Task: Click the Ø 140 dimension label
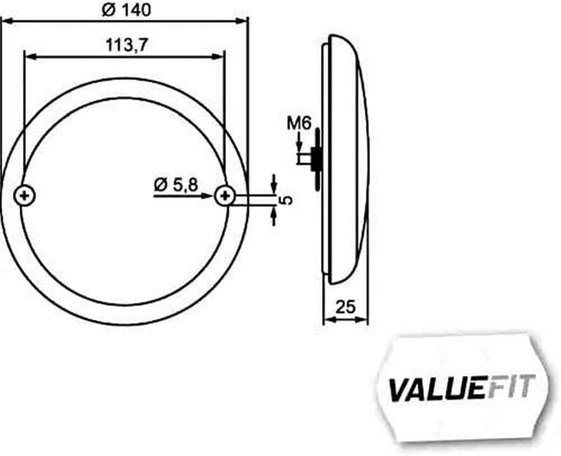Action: click(126, 10)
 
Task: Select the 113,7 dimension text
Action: click(127, 45)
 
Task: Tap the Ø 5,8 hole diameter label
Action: click(175, 185)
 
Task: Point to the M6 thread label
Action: click(299, 124)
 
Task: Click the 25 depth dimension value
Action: click(345, 307)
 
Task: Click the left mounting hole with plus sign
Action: click(25, 196)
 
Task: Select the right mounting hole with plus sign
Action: click(225, 196)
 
